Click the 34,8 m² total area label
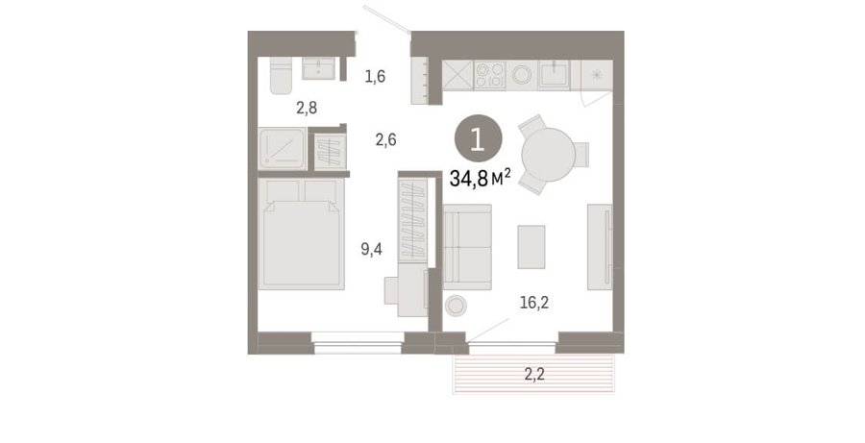[x=480, y=178]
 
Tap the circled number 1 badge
[x=479, y=138]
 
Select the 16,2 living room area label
[x=534, y=303]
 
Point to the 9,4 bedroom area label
[x=371, y=249]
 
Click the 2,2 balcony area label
[x=534, y=375]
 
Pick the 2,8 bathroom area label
[x=307, y=108]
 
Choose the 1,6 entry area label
[x=375, y=76]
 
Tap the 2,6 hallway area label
[x=385, y=139]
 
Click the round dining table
[x=549, y=155]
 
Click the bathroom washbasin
[x=318, y=68]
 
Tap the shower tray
[x=282, y=148]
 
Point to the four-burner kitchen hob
[x=490, y=76]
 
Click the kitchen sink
[x=554, y=75]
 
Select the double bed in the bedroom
[x=301, y=234]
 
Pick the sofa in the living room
[x=467, y=247]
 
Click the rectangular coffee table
[x=531, y=247]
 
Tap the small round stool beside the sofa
[x=457, y=306]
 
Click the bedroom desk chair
[x=392, y=290]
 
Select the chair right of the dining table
[x=581, y=155]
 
